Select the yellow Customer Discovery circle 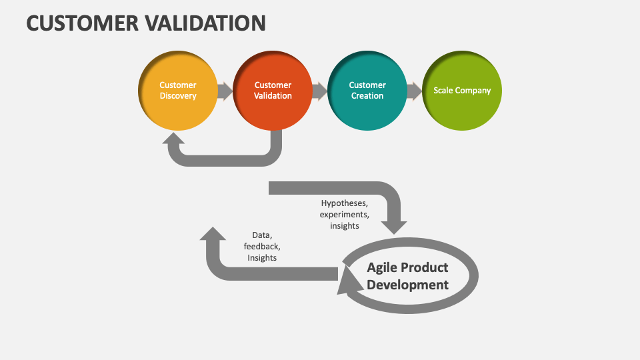click(177, 90)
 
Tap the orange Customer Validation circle click(273, 90)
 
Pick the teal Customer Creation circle click(367, 90)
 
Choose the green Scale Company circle click(462, 90)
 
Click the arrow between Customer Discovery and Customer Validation click(225, 91)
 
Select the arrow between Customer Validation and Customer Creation click(320, 91)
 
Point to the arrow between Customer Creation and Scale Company click(415, 91)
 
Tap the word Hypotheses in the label click(344, 203)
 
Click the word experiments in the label click(344, 214)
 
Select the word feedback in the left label click(261, 247)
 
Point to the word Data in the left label click(261, 235)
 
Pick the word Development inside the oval click(407, 285)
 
